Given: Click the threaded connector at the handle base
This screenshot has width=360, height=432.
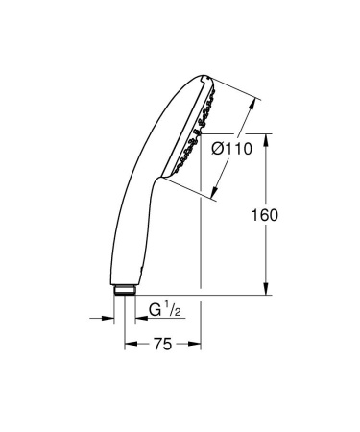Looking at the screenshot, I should tap(124, 289).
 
